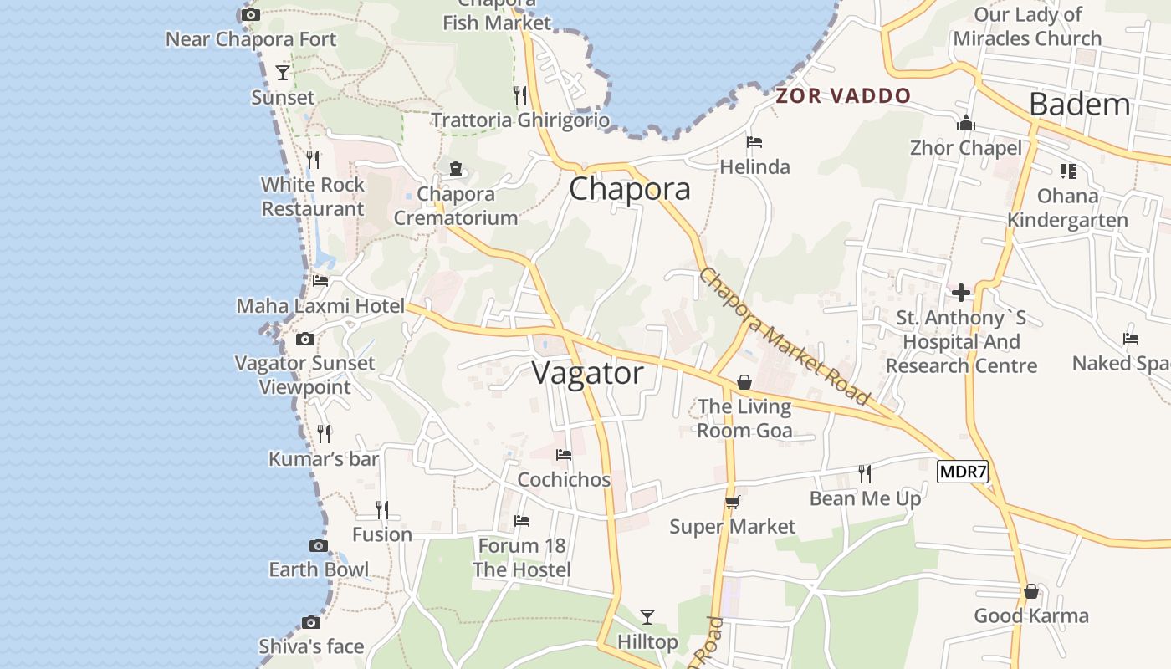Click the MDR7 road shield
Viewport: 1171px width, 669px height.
coord(963,472)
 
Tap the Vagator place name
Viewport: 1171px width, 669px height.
coord(588,373)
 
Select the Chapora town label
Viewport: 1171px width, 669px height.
coord(630,188)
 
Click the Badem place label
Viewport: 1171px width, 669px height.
coord(1079,105)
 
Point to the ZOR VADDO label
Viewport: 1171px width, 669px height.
coord(842,95)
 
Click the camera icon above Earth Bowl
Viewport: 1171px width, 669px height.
coord(319,546)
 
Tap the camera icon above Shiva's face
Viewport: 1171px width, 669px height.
coord(311,622)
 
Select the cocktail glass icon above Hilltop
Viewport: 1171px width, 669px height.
coord(647,617)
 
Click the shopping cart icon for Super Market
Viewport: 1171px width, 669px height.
coord(732,502)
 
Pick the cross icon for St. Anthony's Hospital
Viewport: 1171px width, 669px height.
coord(961,293)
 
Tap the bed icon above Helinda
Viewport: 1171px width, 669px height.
coord(754,142)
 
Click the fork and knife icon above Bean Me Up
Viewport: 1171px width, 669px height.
coord(865,473)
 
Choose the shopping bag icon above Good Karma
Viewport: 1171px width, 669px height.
coord(1031,591)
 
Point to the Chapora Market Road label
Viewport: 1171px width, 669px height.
coord(784,336)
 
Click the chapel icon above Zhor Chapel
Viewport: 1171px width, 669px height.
coord(966,124)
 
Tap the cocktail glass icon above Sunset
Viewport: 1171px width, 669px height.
coord(283,73)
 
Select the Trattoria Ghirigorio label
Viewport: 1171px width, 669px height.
coord(520,120)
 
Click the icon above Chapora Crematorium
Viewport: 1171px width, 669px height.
coord(456,169)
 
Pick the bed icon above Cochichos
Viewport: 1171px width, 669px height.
coord(564,455)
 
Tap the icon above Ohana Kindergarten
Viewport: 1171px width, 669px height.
coord(1067,171)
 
